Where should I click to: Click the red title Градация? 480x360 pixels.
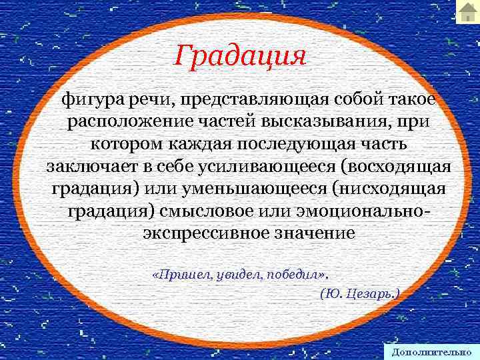240,55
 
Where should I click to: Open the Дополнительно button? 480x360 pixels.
432,351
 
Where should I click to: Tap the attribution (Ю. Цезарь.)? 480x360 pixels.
359,293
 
